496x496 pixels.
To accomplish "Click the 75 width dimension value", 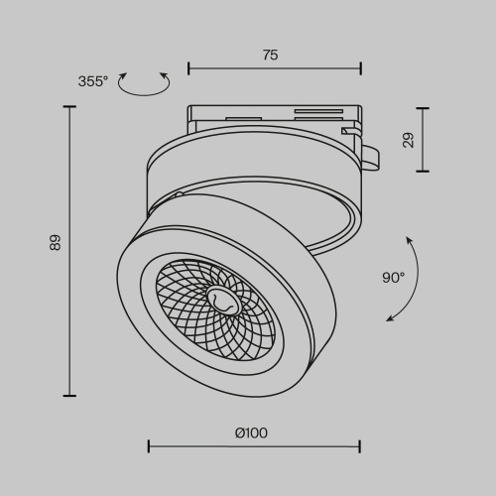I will (x=270, y=56).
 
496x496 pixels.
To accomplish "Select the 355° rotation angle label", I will (x=93, y=81).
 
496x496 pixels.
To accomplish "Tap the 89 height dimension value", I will (x=56, y=242).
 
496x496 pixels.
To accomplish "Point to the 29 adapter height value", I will (x=409, y=140).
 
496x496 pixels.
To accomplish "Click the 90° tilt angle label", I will (x=394, y=278).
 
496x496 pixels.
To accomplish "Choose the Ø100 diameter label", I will (x=251, y=433).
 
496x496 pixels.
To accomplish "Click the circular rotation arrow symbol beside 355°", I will (x=143, y=85).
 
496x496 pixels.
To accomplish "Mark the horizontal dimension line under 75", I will (x=274, y=70).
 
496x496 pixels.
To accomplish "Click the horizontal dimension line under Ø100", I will (x=254, y=447).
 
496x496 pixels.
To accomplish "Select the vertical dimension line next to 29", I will (x=424, y=140).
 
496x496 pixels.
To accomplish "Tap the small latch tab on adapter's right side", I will (x=369, y=154).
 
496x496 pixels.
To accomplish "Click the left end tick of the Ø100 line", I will (x=149, y=447).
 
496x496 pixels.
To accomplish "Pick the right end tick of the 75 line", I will (x=360, y=70).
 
